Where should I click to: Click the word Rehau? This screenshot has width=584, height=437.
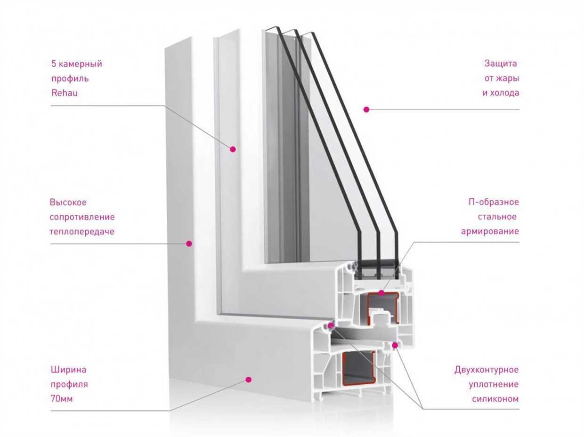(65, 93)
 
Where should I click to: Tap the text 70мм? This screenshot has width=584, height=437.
(61, 399)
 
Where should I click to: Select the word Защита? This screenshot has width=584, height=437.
(501, 64)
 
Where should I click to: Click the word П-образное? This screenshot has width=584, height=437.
(494, 202)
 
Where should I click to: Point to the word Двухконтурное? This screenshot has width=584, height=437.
(487, 370)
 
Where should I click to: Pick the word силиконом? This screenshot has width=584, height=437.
(495, 399)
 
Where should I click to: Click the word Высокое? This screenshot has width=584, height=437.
(68, 202)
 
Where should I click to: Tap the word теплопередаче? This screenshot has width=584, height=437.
(82, 231)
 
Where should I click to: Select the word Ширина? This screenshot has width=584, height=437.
(68, 370)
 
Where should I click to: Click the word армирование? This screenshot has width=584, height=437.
(490, 231)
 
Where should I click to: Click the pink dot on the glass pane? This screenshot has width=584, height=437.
(366, 109)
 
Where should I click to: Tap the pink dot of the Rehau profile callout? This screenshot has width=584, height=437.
(233, 149)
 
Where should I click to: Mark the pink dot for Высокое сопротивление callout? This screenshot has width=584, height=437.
(189, 243)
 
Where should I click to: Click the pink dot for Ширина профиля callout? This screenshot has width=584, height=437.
(249, 380)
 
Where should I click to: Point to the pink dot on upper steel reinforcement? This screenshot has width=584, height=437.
(381, 293)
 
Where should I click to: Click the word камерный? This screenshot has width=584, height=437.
(81, 64)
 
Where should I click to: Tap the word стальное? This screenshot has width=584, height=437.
(497, 217)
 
